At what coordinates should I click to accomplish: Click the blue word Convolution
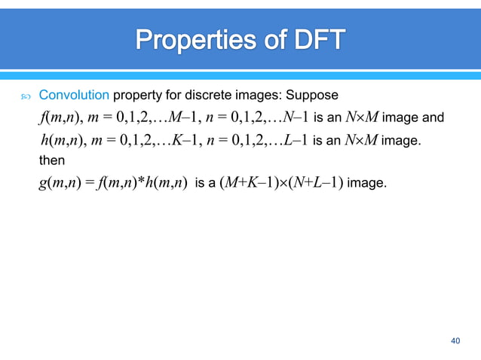[74, 96]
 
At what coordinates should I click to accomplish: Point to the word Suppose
[318, 96]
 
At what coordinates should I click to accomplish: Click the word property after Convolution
[135, 96]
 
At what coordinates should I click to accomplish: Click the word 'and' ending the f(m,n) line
[435, 118]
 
